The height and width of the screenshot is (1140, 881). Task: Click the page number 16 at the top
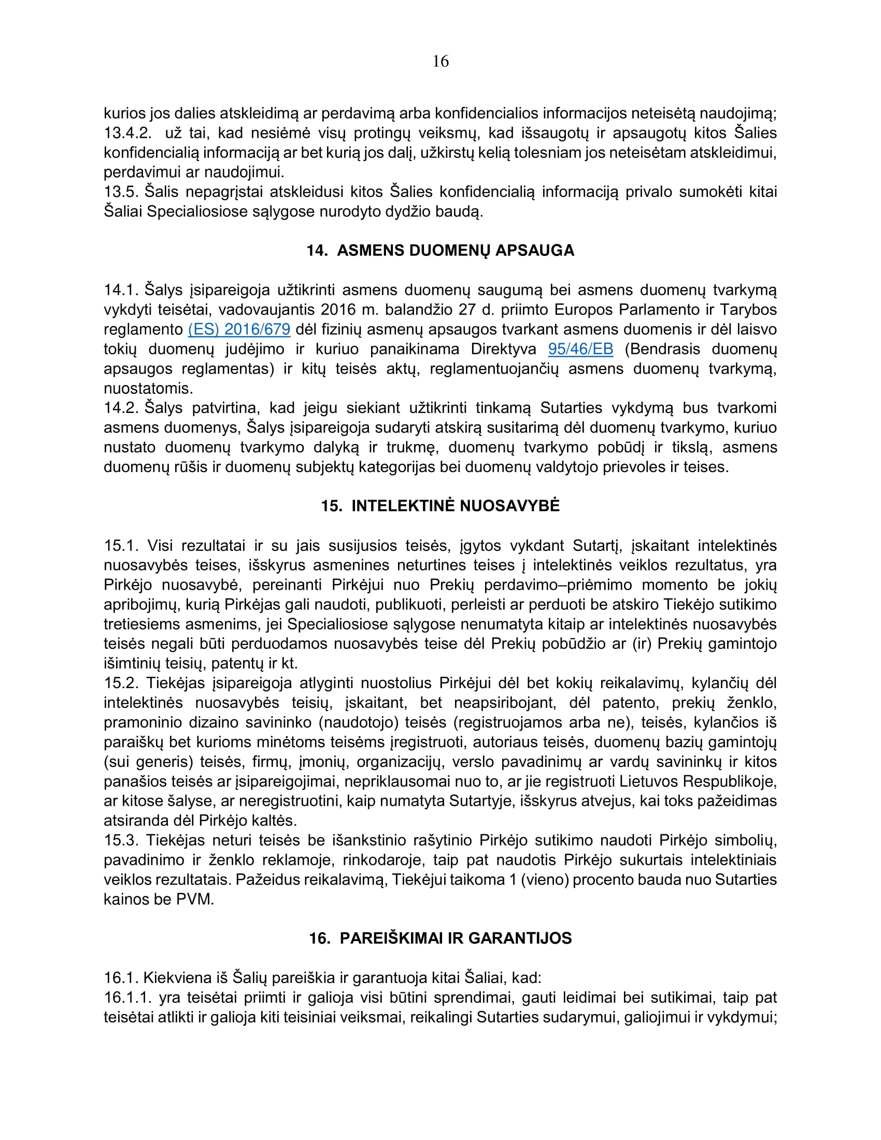tap(440, 62)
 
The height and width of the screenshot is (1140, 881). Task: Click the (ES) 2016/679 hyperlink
tap(239, 330)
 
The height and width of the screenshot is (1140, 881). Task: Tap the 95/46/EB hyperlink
tap(580, 349)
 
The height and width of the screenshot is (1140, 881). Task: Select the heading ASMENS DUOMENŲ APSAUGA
tap(440, 251)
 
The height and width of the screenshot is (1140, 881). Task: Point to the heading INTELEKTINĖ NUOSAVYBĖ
tap(440, 506)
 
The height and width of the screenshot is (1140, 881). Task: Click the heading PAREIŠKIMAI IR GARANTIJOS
tap(440, 938)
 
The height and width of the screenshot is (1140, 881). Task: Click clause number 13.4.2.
tap(127, 133)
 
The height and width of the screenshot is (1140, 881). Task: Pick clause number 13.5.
tap(121, 192)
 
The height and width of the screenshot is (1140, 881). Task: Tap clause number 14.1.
tap(121, 290)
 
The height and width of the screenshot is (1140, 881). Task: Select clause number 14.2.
tap(121, 408)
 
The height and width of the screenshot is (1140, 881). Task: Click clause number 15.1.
tap(121, 546)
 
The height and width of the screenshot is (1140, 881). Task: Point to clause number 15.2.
tap(121, 683)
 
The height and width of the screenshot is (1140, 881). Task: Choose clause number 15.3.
tap(121, 840)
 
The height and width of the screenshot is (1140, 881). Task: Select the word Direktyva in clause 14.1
tap(504, 349)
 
